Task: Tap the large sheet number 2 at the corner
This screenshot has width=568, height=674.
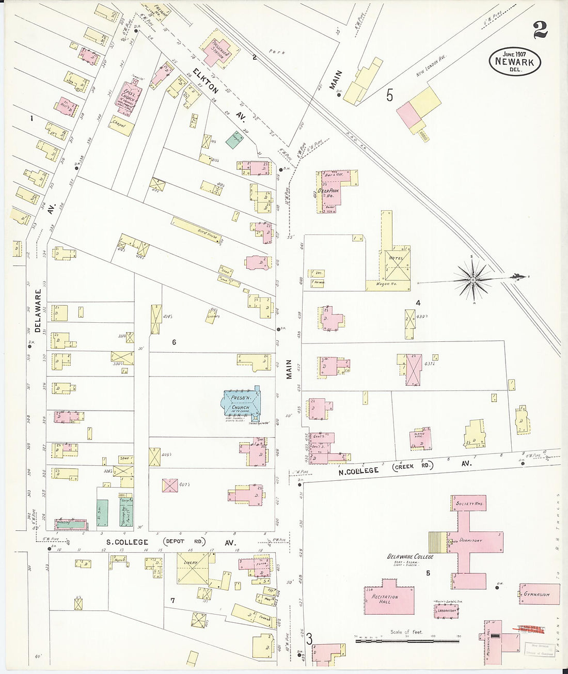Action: [540, 30]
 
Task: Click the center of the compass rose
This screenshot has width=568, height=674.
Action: [472, 279]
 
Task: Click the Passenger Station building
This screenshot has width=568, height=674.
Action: [219, 50]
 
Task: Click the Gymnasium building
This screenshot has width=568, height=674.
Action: [539, 594]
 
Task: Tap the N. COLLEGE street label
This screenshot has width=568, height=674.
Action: [358, 471]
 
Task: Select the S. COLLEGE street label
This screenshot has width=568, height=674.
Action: [127, 542]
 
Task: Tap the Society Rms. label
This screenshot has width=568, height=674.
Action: [469, 504]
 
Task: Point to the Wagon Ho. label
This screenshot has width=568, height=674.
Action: [387, 284]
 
